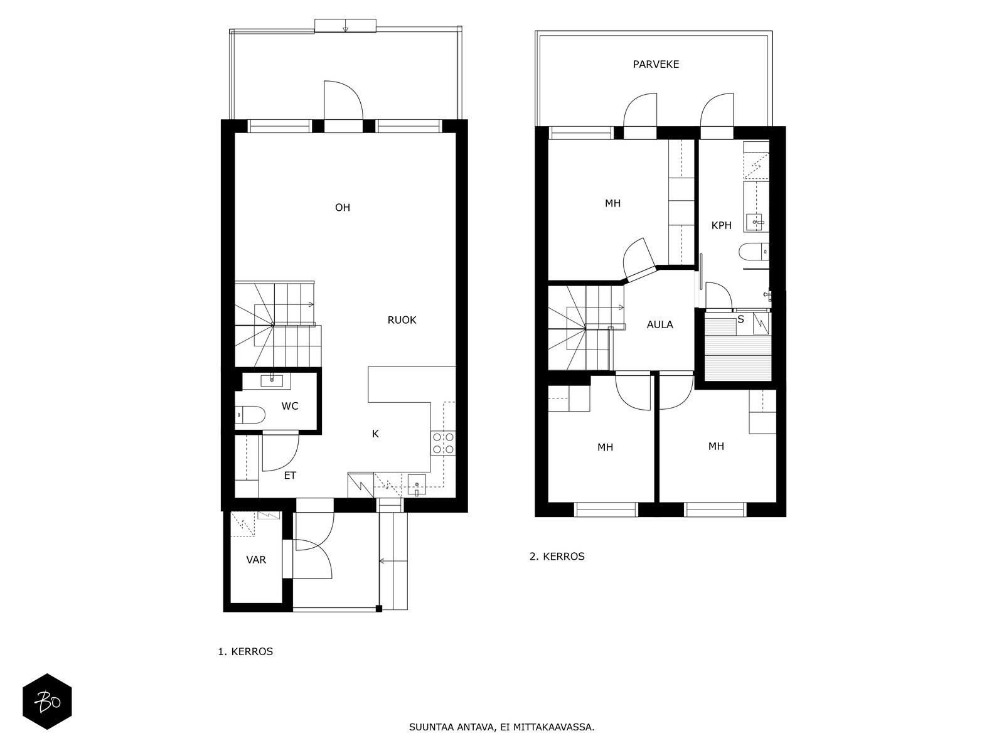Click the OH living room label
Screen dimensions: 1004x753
pos(343,208)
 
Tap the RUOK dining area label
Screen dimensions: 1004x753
pos(402,320)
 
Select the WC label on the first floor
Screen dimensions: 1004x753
pos(290,406)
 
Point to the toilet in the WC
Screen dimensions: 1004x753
pos(250,415)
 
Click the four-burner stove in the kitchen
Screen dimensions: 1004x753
pos(443,443)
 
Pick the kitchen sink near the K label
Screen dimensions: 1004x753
pos(416,484)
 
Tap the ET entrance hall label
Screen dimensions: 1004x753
pos(290,476)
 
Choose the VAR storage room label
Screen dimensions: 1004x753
pos(256,560)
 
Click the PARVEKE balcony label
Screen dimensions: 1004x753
pos(656,65)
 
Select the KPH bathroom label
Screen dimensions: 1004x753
pos(722,225)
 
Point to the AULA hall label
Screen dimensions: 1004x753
pos(660,324)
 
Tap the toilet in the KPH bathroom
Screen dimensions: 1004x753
pos(754,251)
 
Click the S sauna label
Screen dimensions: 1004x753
pos(741,319)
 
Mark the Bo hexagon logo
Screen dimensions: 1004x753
pos(48,702)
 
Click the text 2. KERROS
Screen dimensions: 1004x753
pos(557,557)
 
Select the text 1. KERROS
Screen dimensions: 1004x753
pos(245,651)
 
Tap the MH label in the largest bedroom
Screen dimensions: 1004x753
pos(613,203)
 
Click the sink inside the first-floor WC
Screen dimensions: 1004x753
pos(272,380)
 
